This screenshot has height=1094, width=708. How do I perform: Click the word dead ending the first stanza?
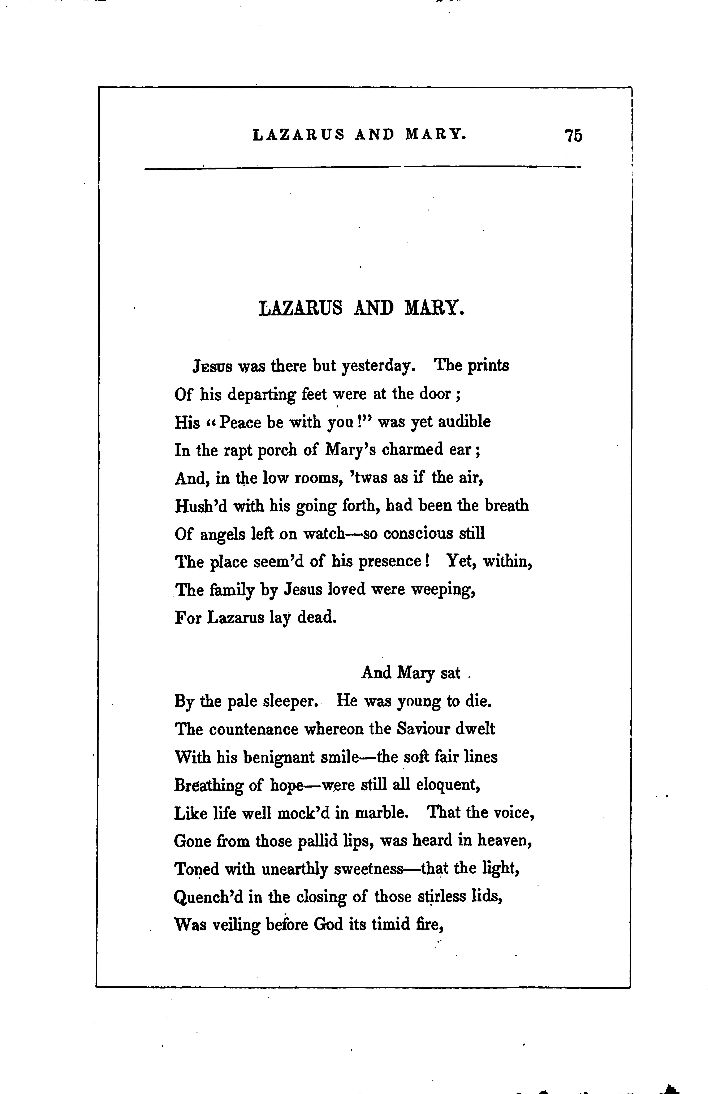(317, 617)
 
